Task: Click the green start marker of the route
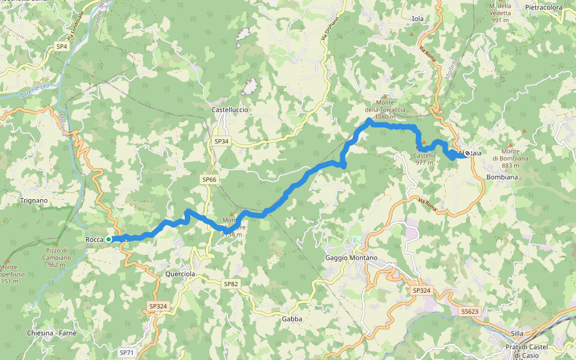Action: click(109, 239)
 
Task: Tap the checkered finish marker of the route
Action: click(467, 154)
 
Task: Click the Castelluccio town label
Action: click(230, 110)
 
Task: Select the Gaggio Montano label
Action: click(351, 258)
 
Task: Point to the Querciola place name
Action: click(180, 274)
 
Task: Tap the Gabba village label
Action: click(292, 319)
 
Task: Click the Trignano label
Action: click(34, 200)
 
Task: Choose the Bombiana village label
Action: click(502, 178)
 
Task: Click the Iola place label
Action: click(418, 19)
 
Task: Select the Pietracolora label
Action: click(544, 8)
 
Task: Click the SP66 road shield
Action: click(209, 179)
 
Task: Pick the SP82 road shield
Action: click(230, 284)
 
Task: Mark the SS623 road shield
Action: click(470, 311)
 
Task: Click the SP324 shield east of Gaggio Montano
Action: click(421, 290)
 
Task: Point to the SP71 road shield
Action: click(127, 353)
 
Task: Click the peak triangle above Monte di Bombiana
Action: click(525, 131)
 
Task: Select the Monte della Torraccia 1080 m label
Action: click(385, 110)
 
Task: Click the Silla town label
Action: click(517, 334)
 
